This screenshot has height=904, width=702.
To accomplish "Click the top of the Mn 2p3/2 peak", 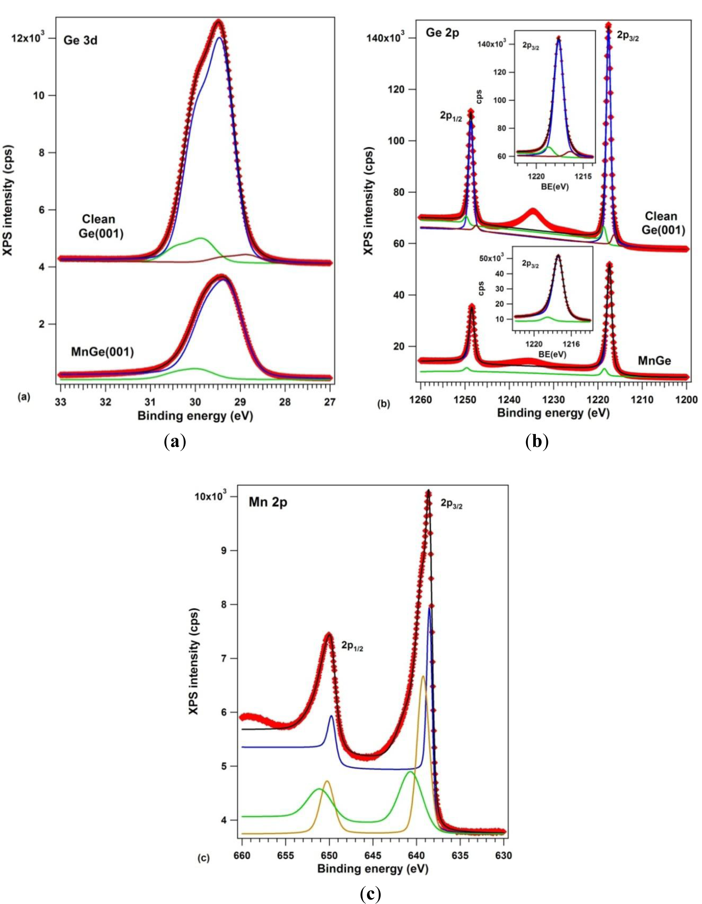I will [x=428, y=492].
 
